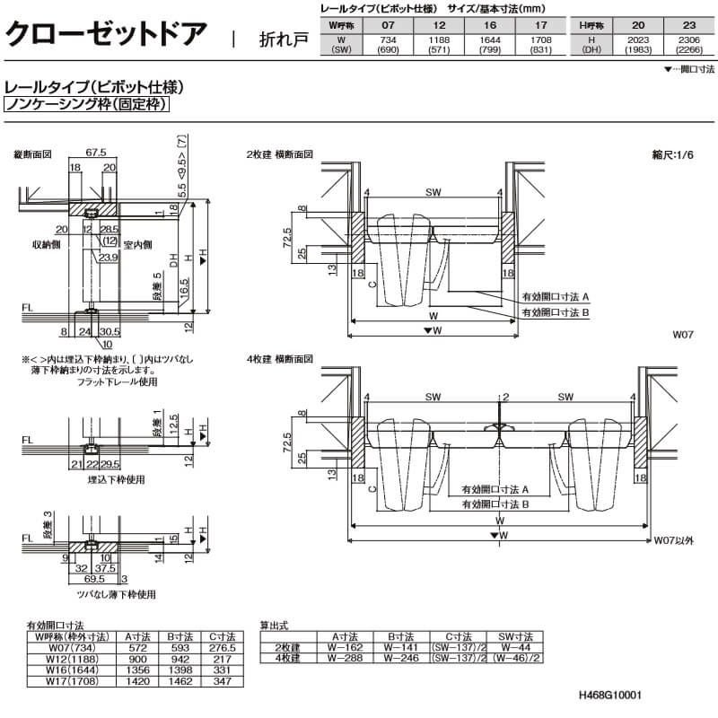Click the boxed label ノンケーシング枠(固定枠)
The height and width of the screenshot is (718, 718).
pyautogui.click(x=87, y=105)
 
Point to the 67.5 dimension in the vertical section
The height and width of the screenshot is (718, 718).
pyautogui.click(x=96, y=153)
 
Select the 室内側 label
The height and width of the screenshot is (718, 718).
pyautogui.click(x=137, y=244)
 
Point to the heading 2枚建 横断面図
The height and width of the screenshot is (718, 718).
pyautogui.click(x=279, y=154)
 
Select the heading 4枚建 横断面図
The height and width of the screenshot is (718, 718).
pyautogui.click(x=279, y=359)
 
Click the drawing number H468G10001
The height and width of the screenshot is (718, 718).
pyautogui.click(x=611, y=696)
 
